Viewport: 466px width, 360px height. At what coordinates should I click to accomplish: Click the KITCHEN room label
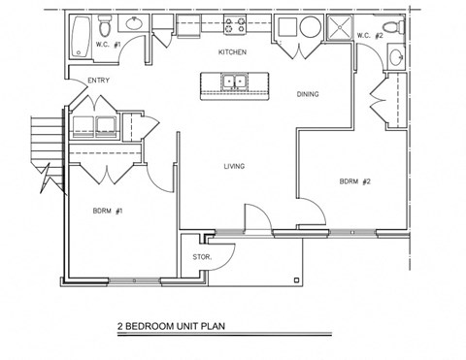point(231,51)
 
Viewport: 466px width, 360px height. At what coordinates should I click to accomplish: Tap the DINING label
point(308,94)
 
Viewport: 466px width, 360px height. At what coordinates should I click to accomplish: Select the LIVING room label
point(234,166)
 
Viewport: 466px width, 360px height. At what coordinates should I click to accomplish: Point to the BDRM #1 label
point(108,211)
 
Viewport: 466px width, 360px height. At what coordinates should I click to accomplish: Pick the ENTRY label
point(99,81)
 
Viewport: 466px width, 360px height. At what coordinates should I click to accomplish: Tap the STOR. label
point(202,256)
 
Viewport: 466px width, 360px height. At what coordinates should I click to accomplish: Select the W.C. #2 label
point(369,36)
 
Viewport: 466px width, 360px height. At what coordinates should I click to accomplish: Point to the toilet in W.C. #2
point(391,26)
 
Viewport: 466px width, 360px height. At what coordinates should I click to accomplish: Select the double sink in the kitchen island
point(233,82)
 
